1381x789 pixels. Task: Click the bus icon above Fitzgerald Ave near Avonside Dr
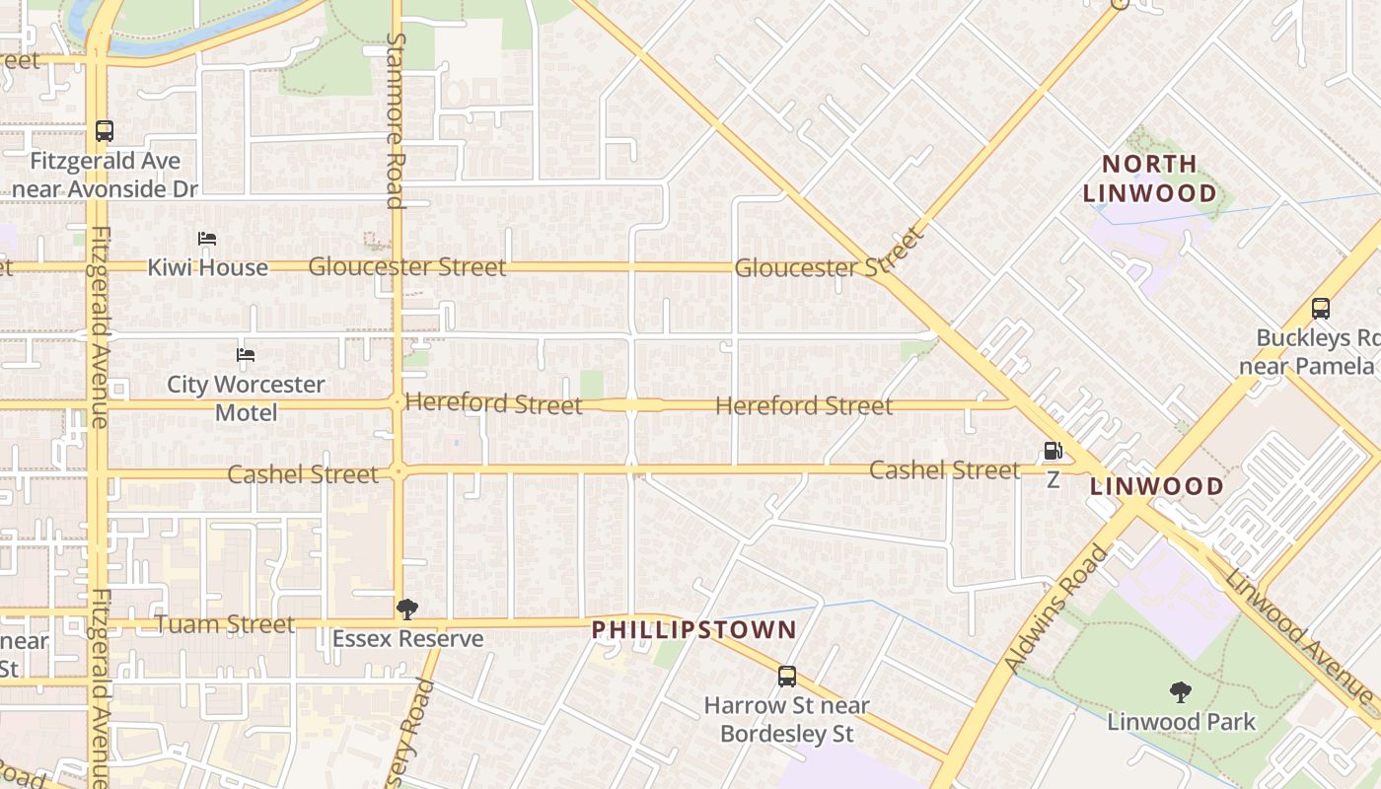104,130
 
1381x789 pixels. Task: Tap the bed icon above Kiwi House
207,239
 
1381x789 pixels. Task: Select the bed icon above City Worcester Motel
246,355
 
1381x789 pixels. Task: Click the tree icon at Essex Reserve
406,610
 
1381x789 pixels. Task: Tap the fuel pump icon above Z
1054,452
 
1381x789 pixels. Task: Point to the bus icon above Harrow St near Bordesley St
787,677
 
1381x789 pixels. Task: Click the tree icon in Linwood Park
1180,692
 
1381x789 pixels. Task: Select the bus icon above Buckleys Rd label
1321,308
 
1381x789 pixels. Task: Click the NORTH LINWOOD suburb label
1149,179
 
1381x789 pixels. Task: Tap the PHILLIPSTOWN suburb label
693,629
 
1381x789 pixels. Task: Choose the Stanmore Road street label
396,120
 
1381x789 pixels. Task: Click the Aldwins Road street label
1056,609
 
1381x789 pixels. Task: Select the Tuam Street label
225,624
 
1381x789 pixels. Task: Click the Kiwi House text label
207,267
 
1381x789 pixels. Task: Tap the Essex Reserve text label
407,639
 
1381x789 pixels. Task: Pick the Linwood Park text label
1182,722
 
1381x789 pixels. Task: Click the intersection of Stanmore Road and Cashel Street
398,471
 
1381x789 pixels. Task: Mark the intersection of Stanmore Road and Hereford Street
397,402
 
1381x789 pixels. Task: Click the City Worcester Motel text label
246,397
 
